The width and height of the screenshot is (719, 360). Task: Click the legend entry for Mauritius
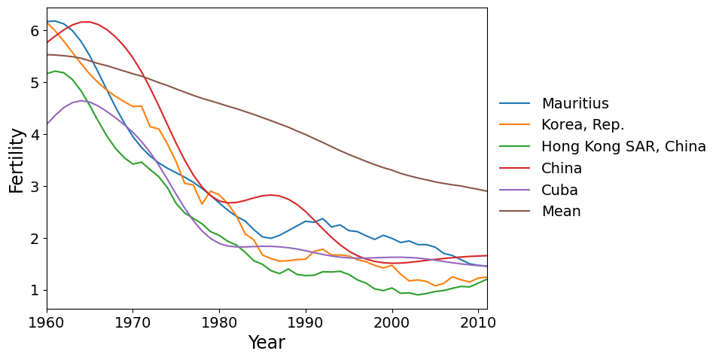pyautogui.click(x=575, y=104)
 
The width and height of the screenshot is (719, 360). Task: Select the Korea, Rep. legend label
pyautogui.click(x=583, y=125)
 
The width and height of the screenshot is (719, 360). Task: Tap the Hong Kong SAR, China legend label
pyautogui.click(x=623, y=147)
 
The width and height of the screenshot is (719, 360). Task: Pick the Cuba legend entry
pyautogui.click(x=560, y=190)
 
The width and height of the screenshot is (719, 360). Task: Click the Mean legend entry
pyautogui.click(x=561, y=212)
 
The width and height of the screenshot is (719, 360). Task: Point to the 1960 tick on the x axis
pyautogui.click(x=47, y=321)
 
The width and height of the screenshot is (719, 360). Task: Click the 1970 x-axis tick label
pyautogui.click(x=133, y=321)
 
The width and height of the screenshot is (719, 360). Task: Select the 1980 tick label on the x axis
pyautogui.click(x=219, y=321)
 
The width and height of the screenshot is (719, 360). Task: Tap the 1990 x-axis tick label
pyautogui.click(x=306, y=321)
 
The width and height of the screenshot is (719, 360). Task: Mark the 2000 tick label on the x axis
pyautogui.click(x=391, y=321)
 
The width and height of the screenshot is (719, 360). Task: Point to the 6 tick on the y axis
pyautogui.click(x=34, y=31)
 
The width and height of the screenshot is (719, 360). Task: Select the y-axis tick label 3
pyautogui.click(x=34, y=187)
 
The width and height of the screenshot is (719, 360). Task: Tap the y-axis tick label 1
pyautogui.click(x=34, y=291)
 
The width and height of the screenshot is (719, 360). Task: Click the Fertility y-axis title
pyautogui.click(x=17, y=160)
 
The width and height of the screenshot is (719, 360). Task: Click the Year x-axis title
pyautogui.click(x=267, y=343)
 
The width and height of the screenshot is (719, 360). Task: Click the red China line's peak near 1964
pyautogui.click(x=85, y=22)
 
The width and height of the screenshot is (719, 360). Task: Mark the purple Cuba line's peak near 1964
pyautogui.click(x=81, y=100)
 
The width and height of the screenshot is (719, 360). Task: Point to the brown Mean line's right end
pyautogui.click(x=486, y=191)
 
